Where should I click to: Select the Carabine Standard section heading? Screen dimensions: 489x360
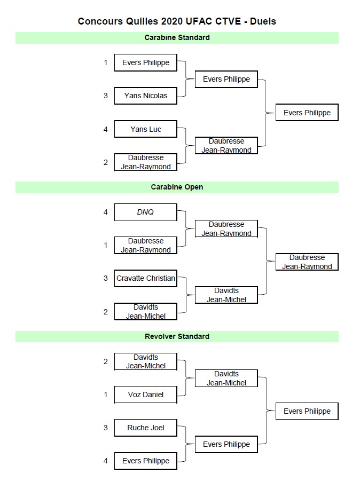click(x=177, y=38)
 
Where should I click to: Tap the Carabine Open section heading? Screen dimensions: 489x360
click(x=177, y=187)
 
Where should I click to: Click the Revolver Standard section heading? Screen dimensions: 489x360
click(x=177, y=337)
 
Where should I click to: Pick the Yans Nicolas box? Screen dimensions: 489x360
click(x=145, y=96)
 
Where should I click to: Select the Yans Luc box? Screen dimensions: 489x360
click(x=145, y=129)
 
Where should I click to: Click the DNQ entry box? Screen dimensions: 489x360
click(x=145, y=212)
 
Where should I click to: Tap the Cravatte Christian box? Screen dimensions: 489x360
click(x=145, y=278)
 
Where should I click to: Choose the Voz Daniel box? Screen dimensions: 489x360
click(x=145, y=395)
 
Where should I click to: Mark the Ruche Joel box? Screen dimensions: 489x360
click(x=145, y=428)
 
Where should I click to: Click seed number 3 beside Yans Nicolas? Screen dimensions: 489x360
click(x=106, y=96)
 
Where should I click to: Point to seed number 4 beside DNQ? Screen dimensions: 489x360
click(x=106, y=212)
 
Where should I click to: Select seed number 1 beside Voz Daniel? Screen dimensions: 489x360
click(x=106, y=395)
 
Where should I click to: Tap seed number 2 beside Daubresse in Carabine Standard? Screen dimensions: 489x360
click(x=106, y=162)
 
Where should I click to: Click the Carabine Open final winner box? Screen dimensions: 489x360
click(x=307, y=262)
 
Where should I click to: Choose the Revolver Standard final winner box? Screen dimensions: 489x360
click(x=307, y=411)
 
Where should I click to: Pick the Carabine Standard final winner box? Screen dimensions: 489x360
click(x=307, y=113)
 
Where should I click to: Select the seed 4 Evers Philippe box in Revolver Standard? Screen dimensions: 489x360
click(x=145, y=461)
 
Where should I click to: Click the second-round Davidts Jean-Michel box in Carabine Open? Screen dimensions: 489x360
click(x=226, y=295)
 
